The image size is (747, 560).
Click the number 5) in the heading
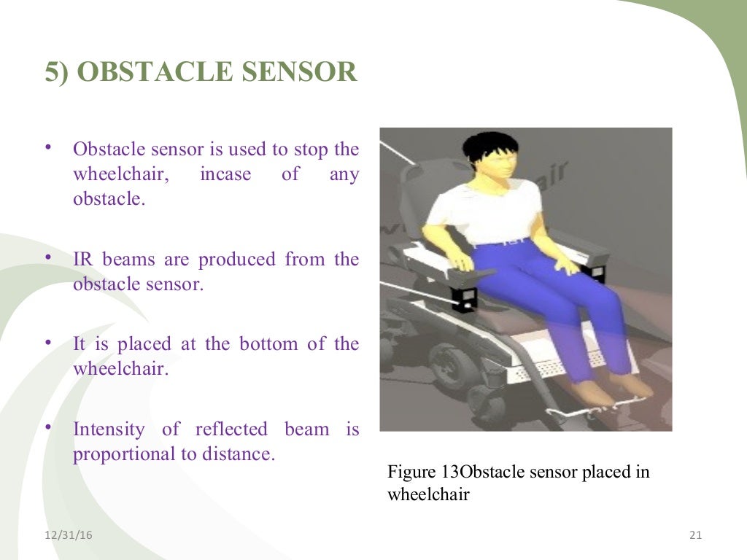pos(58,73)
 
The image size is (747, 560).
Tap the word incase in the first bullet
pos(225,174)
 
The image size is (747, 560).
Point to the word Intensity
pos(109,429)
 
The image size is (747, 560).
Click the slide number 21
pos(694,536)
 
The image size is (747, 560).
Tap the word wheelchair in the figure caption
pos(428,494)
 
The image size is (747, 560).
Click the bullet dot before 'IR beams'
pos(47,258)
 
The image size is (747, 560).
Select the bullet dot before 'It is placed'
pos(47,343)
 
